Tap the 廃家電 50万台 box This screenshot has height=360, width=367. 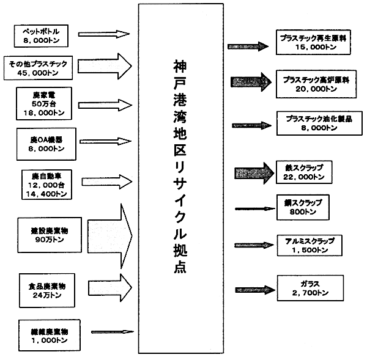click(40, 101)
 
